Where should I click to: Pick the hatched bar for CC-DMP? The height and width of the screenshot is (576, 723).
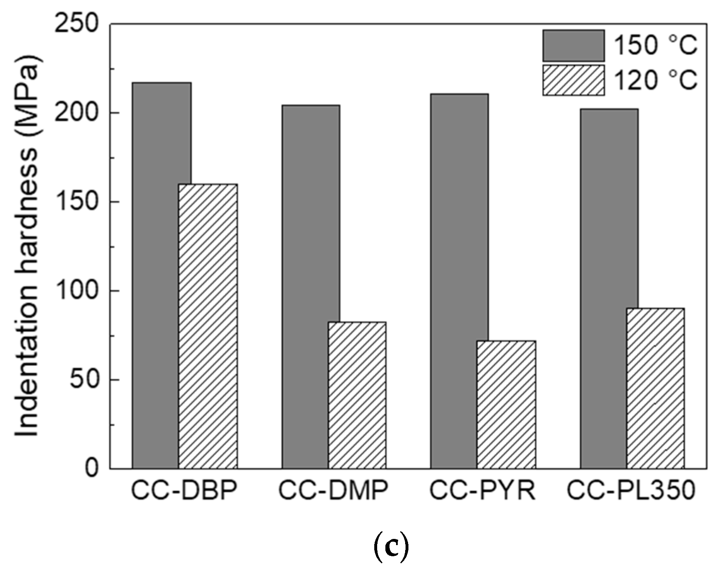(357, 395)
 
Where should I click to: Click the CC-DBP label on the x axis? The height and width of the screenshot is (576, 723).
(184, 490)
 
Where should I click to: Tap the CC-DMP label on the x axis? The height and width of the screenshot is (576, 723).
(333, 490)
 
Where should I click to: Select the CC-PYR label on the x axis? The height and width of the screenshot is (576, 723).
(482, 490)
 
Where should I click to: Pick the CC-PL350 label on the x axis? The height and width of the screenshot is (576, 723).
(630, 490)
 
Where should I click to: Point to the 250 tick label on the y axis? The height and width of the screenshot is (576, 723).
(77, 23)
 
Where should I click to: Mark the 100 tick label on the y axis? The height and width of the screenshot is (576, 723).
(77, 290)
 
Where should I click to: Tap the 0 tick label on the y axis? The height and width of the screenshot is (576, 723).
(91, 468)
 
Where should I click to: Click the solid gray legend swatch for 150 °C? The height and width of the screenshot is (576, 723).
(573, 45)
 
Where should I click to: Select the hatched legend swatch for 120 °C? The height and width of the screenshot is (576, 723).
(573, 80)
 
